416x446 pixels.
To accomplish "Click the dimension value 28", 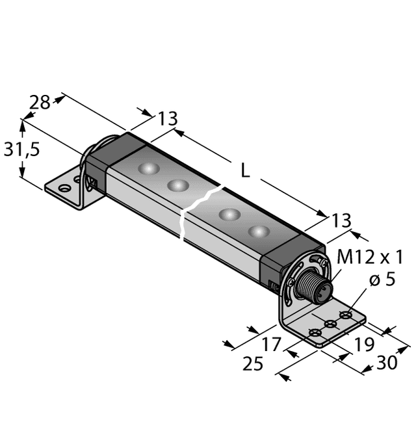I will [40, 102].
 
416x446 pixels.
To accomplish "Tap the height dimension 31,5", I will [22, 150].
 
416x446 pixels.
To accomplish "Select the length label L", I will [244, 171].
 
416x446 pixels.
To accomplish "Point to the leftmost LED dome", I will [149, 169].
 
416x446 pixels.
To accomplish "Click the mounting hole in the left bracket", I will [64, 189].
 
